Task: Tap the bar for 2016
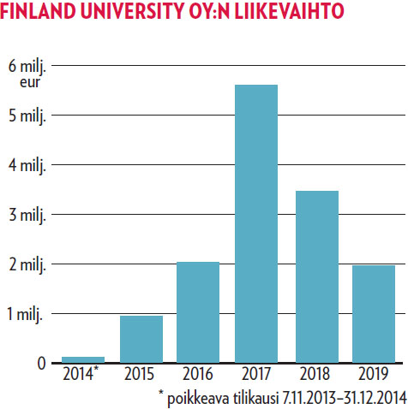pyautogui.click(x=198, y=311)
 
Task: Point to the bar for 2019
pyautogui.click(x=374, y=313)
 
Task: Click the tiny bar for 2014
pyautogui.click(x=83, y=359)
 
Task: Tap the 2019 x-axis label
pyautogui.click(x=374, y=374)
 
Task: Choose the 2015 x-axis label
pyautogui.click(x=141, y=374)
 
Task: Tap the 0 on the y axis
pyautogui.click(x=40, y=363)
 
